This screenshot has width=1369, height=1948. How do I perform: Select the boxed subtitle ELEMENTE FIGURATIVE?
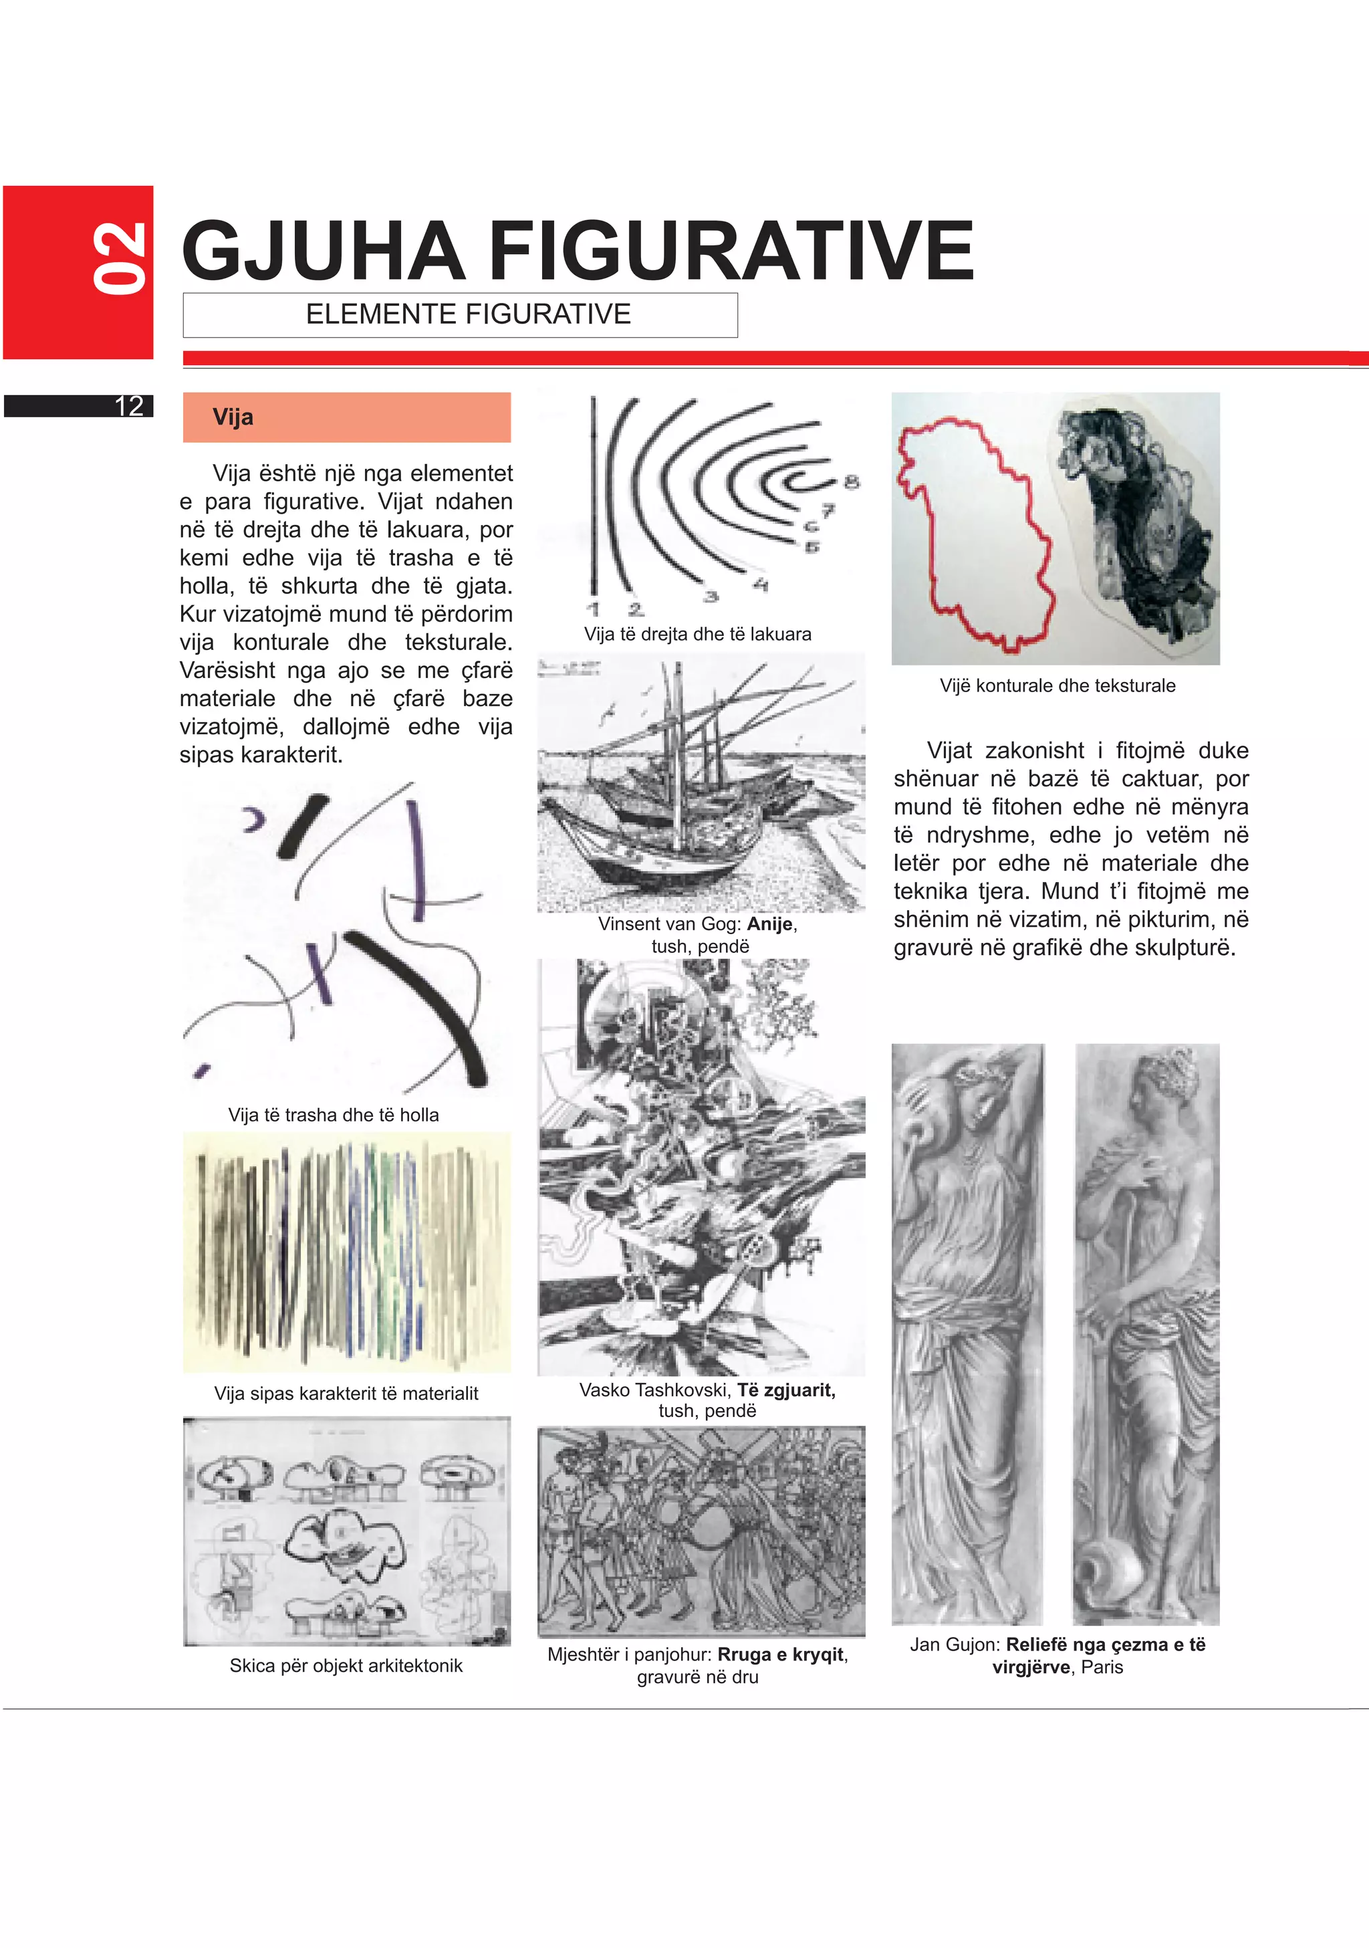[x=468, y=315]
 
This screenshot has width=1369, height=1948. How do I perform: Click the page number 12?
[x=129, y=407]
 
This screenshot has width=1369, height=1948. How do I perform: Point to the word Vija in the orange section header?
[x=233, y=417]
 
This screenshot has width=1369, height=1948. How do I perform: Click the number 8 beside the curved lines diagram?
[x=852, y=482]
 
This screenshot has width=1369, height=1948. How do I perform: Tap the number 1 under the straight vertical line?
[x=593, y=609]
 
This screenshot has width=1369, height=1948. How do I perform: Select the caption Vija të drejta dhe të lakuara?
[x=697, y=635]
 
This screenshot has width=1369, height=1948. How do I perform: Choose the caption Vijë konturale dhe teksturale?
[x=1057, y=685]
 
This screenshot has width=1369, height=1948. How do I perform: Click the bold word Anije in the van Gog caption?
[x=769, y=924]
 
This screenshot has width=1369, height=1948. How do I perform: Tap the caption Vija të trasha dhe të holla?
[x=334, y=1115]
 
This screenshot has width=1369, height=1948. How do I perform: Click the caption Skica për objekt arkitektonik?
[x=346, y=1666]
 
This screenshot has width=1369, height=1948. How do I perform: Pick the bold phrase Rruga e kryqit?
[x=780, y=1654]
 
